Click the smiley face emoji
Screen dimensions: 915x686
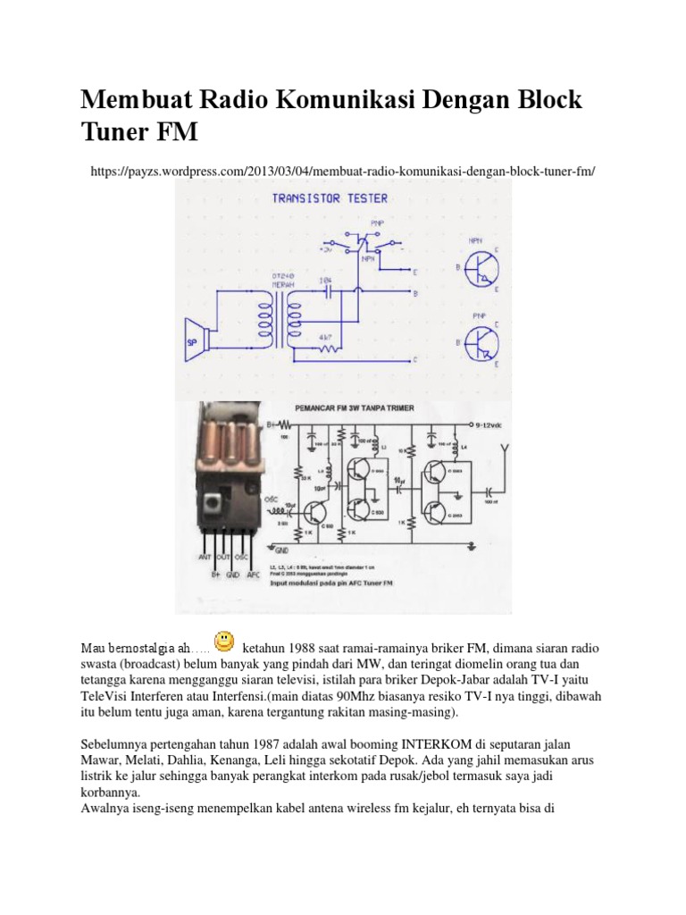tap(225, 642)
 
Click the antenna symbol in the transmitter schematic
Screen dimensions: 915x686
tap(506, 449)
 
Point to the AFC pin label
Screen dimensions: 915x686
tap(255, 575)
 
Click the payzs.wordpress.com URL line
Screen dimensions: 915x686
tap(343, 170)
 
